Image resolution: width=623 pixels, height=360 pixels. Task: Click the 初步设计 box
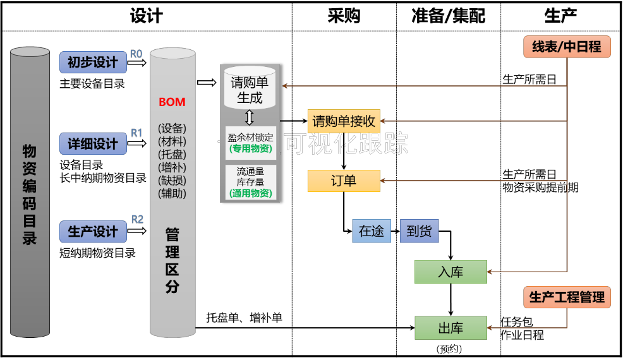[x=93, y=63]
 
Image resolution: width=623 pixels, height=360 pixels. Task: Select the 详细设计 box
[x=93, y=144]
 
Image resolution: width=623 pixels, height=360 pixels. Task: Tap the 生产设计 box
[x=93, y=232]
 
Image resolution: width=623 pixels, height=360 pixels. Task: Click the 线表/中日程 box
[x=567, y=47]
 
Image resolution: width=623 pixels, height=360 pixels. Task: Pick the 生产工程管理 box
[x=567, y=297]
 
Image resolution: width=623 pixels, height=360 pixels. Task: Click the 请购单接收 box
[x=344, y=121]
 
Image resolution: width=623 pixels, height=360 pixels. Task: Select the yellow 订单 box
[x=344, y=181]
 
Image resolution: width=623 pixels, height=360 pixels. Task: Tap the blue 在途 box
[x=371, y=231]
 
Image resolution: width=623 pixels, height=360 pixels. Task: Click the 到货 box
[x=419, y=231]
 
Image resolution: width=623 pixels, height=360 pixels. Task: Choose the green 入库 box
[x=451, y=272]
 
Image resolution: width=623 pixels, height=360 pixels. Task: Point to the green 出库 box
[x=451, y=328]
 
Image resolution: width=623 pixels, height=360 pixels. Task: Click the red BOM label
[x=172, y=102]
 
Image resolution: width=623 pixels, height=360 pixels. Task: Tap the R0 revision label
[x=136, y=53]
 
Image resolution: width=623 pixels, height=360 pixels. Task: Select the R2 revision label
[x=137, y=219]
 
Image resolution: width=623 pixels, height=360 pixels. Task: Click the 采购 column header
[x=344, y=16]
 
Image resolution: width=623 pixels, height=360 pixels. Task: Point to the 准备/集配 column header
[x=449, y=16]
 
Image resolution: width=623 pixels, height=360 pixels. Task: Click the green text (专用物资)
[x=250, y=148]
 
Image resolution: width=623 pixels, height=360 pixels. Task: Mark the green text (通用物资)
[x=250, y=193]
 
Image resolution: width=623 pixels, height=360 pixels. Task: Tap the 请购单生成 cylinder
[x=250, y=88]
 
